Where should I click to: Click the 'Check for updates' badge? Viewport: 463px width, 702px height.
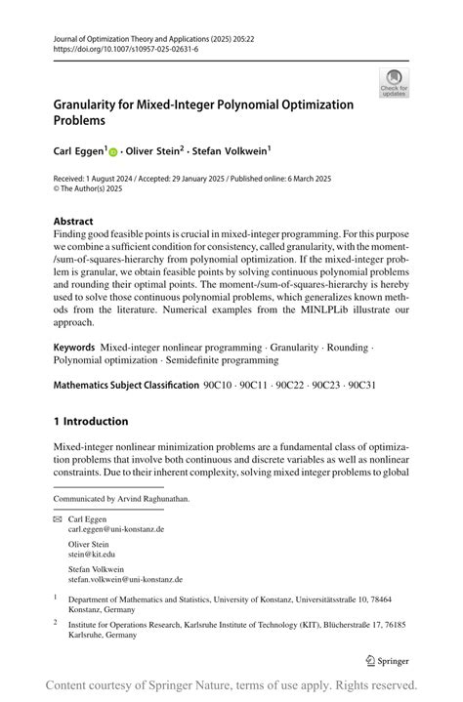pyautogui.click(x=394, y=82)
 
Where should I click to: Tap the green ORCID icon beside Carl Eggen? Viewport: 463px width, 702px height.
pyautogui.click(x=112, y=153)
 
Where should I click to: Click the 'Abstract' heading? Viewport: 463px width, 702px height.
pyautogui.click(x=73, y=221)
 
